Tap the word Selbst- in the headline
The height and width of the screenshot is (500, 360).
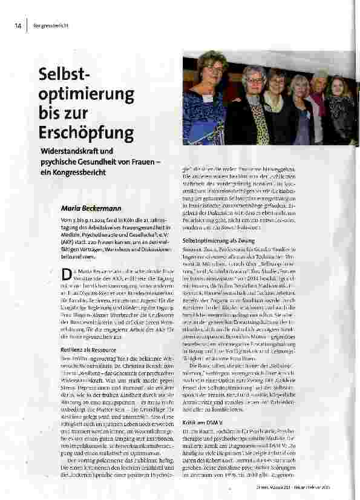(x=64, y=76)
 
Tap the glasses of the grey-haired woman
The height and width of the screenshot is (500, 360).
(x=255, y=79)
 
